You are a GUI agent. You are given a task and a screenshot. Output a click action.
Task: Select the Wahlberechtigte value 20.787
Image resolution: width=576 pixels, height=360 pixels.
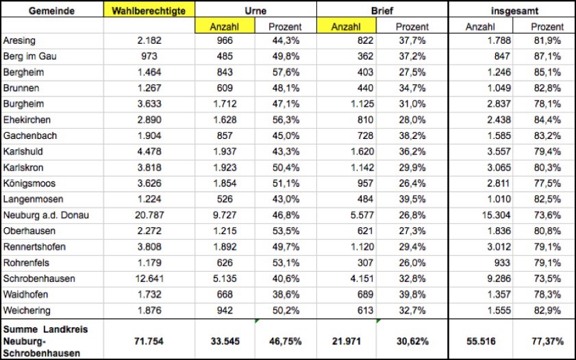coord(149,216)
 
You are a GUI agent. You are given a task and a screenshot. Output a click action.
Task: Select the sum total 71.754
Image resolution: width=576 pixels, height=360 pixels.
coord(149,340)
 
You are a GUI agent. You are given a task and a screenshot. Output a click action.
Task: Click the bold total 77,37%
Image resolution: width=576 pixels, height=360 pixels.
coord(548,340)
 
